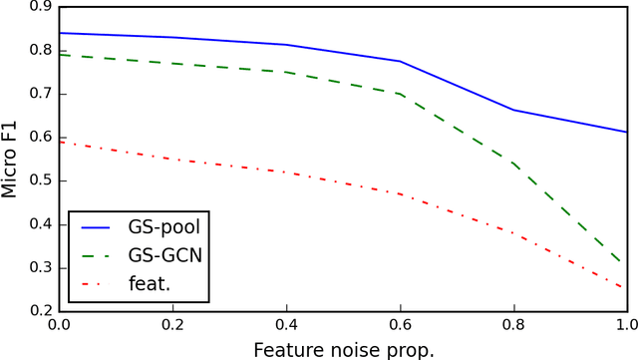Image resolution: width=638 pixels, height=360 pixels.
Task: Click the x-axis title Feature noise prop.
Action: click(x=342, y=348)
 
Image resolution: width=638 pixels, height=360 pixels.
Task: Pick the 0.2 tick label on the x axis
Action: click(x=172, y=325)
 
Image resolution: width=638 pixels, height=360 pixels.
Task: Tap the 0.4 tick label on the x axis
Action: click(x=286, y=325)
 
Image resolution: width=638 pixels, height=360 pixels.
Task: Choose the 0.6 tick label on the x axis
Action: click(x=400, y=325)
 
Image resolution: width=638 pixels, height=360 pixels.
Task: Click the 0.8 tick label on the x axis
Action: click(x=513, y=325)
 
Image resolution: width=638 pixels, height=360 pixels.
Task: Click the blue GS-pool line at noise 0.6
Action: click(x=400, y=62)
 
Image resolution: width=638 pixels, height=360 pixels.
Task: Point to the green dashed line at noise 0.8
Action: click(x=513, y=164)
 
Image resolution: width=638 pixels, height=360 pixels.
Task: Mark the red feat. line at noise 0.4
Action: click(x=286, y=173)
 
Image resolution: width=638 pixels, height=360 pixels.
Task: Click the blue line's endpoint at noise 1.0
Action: click(x=626, y=132)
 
